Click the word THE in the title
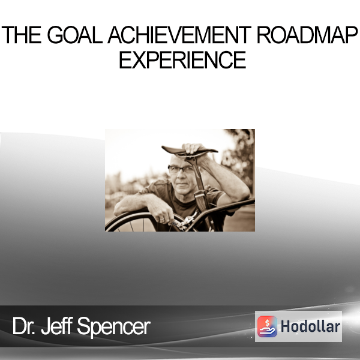click(x=22, y=35)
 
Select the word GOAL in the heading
click(x=75, y=35)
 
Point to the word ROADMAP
click(x=307, y=35)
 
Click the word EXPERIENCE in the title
click(x=182, y=59)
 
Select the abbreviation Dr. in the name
click(x=23, y=326)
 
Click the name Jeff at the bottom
click(x=57, y=326)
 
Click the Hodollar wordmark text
click(x=310, y=326)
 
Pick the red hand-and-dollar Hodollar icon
click(x=267, y=326)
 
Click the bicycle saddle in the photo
click(x=190, y=151)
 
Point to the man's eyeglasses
click(x=181, y=169)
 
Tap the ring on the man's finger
click(x=163, y=220)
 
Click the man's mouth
click(x=182, y=184)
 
